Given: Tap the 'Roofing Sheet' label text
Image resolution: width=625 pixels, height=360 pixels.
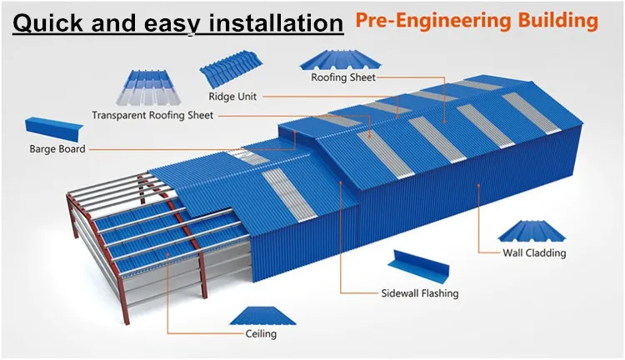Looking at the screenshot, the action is (x=342, y=78).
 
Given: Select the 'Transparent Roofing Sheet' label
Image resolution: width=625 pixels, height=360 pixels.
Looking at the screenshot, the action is (x=152, y=116).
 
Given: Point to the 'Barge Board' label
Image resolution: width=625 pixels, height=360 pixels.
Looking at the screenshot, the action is (x=56, y=150).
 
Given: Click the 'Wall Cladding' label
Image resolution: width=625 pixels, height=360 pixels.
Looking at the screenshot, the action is (x=534, y=253).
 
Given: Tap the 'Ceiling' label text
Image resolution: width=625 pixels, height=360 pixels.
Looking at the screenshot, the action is (x=261, y=334).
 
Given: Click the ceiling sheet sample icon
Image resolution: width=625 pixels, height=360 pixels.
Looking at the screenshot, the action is (x=260, y=314).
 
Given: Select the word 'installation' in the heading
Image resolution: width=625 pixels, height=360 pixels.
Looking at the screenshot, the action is (x=272, y=22).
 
